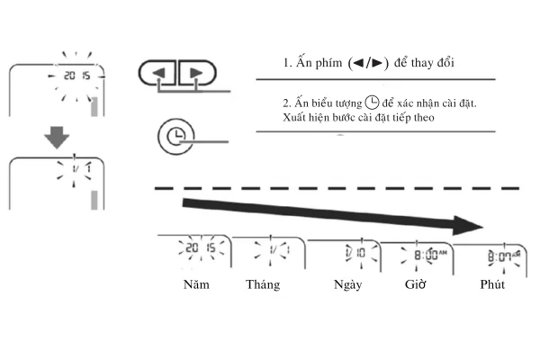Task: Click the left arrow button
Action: pyautogui.click(x=157, y=73)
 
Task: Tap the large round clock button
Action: pyautogui.click(x=176, y=137)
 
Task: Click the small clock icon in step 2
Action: pyautogui.click(x=372, y=103)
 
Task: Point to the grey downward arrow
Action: pyautogui.click(x=57, y=138)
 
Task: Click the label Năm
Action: pyautogui.click(x=196, y=284)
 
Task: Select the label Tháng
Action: pyautogui.click(x=263, y=285)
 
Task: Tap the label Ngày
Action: pyautogui.click(x=347, y=285)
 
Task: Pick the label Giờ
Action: pyautogui.click(x=415, y=284)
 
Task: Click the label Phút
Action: pyautogui.click(x=492, y=284)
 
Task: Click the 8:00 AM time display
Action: pyautogui.click(x=430, y=255)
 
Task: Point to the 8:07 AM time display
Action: pyautogui.click(x=504, y=256)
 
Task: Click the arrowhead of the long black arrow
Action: pyautogui.click(x=468, y=226)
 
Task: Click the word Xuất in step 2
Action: pyautogui.click(x=293, y=118)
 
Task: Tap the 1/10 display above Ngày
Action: pyautogui.click(x=355, y=253)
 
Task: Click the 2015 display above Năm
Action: pyautogui.click(x=201, y=247)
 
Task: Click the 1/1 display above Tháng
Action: pyautogui.click(x=280, y=250)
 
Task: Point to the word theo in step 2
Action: pyautogui.click(x=424, y=118)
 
